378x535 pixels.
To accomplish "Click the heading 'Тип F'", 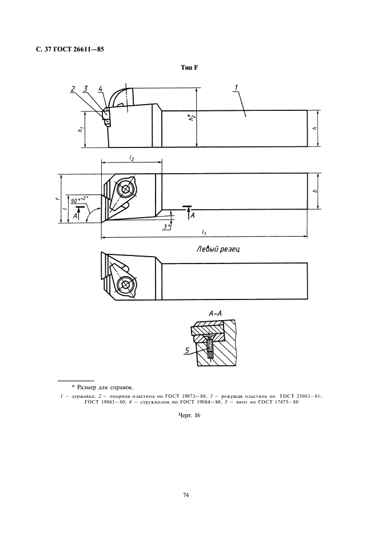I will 190,68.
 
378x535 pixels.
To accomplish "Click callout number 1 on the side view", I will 236,87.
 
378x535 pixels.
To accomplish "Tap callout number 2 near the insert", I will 73,89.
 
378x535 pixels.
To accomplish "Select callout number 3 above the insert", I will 85,89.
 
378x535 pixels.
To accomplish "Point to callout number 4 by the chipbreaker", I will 101,89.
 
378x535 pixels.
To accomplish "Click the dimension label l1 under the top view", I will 204,231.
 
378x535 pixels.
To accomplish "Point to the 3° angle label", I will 166,226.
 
